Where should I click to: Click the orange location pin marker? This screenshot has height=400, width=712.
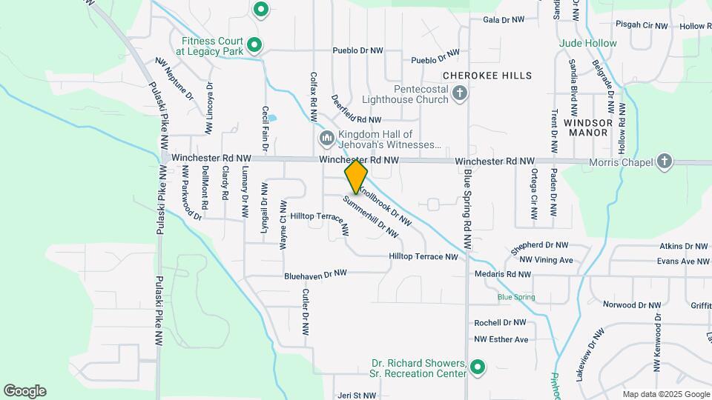click(x=356, y=176)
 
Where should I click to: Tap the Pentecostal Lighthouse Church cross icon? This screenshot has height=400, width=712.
click(x=460, y=93)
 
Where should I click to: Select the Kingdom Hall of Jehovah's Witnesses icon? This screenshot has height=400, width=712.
click(x=326, y=139)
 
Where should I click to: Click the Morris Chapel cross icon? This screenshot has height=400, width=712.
click(x=665, y=161)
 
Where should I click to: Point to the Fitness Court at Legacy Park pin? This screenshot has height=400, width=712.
click(x=254, y=46)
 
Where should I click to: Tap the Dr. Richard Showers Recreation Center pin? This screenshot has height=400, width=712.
click(x=478, y=367)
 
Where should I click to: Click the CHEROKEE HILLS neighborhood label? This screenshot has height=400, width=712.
click(x=487, y=76)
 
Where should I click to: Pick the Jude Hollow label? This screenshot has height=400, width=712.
click(x=588, y=43)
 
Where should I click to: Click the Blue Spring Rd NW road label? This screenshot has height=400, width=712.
click(x=467, y=209)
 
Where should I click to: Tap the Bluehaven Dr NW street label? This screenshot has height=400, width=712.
click(x=316, y=275)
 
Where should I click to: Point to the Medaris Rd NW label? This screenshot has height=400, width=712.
click(x=504, y=274)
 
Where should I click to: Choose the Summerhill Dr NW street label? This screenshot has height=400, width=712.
click(x=371, y=217)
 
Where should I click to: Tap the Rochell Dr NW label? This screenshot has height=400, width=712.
click(x=500, y=323)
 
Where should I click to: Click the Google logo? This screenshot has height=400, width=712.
click(x=24, y=391)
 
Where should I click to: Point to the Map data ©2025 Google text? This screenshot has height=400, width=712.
click(x=665, y=394)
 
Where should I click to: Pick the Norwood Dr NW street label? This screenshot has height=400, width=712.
click(x=630, y=304)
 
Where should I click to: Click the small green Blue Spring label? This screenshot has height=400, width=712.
click(x=516, y=297)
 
